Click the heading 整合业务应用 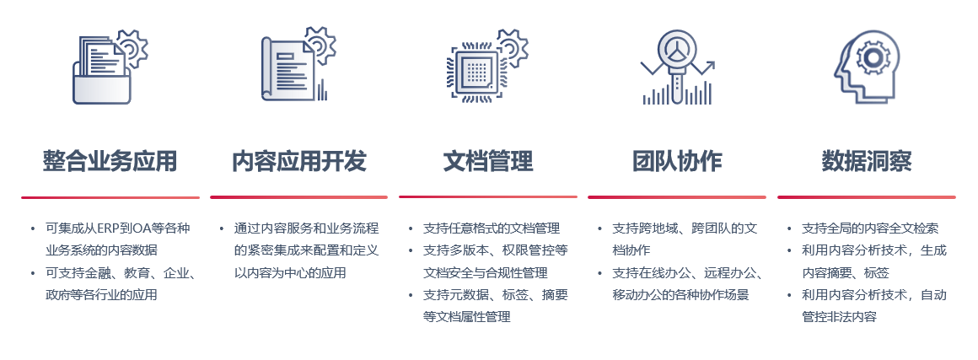(x=110, y=161)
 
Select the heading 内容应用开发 (x=299, y=161)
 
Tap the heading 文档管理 (x=488, y=161)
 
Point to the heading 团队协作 (x=677, y=161)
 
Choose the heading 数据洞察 (x=867, y=161)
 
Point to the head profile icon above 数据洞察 (x=867, y=67)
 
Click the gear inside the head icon (x=873, y=57)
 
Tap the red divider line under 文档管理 (x=488, y=197)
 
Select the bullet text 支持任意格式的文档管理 (x=492, y=228)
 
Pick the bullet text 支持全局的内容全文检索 (x=870, y=228)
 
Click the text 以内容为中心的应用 (x=290, y=272)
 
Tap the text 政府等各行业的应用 (x=101, y=294)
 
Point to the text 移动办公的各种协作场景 (x=680, y=294)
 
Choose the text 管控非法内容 (x=839, y=316)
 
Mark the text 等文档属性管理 (x=467, y=316)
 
